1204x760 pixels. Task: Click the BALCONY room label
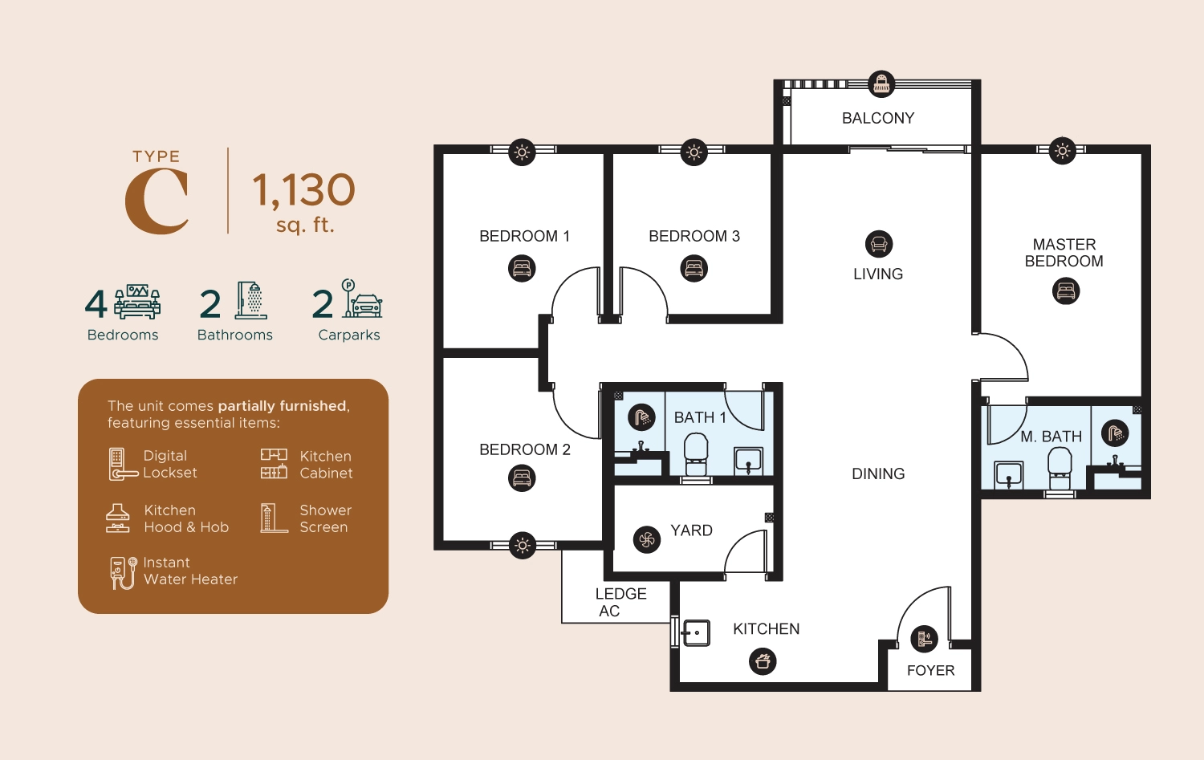(x=878, y=118)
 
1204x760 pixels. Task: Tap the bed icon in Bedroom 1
(x=522, y=268)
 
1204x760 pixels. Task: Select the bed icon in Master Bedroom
(x=1066, y=291)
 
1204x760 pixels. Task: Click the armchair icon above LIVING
(x=879, y=244)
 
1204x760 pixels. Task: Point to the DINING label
(x=878, y=474)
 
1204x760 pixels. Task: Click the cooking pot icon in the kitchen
(x=763, y=661)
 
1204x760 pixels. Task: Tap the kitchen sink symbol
(x=696, y=632)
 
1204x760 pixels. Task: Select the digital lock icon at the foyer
(x=924, y=639)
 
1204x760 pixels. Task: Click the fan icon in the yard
(x=647, y=539)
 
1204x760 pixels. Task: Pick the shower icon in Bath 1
(x=641, y=417)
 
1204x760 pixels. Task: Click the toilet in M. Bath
(x=1060, y=465)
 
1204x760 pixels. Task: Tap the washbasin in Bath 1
(x=748, y=461)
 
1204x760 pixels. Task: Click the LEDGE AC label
(x=620, y=602)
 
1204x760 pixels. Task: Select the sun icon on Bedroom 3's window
(x=694, y=152)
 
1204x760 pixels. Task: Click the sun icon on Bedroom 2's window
(x=523, y=546)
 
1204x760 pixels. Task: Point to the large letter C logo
(x=157, y=201)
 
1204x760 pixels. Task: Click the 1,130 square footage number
(x=303, y=190)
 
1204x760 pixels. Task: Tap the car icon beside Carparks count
(x=366, y=305)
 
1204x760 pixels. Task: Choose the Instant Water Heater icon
(x=122, y=572)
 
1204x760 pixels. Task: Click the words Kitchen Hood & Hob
(x=186, y=518)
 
